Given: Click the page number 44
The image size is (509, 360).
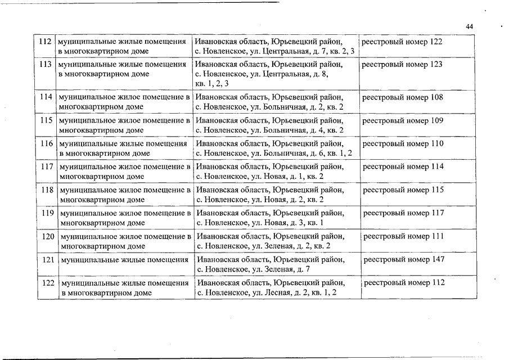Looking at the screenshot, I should [470, 27].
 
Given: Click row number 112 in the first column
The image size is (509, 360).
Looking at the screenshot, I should [46, 42].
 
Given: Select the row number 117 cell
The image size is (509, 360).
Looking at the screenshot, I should [47, 167].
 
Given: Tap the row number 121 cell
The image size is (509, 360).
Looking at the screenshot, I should [48, 260].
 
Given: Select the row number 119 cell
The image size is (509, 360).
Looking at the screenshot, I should [47, 213].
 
